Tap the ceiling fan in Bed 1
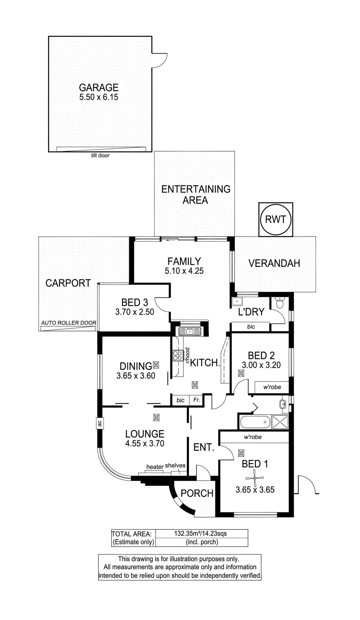[255, 478]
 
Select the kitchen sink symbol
[189, 331]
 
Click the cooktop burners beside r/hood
[178, 355]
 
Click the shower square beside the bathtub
[280, 422]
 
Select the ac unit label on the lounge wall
[99, 423]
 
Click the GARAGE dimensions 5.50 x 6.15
[99, 97]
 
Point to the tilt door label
[100, 155]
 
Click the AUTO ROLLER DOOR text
[69, 323]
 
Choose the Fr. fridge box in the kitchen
[197, 400]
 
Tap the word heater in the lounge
[155, 467]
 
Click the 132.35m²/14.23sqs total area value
[200, 534]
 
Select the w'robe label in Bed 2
[272, 387]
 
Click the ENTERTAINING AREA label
[196, 194]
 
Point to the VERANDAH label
[274, 263]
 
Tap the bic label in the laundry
[251, 326]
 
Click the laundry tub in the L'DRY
[237, 302]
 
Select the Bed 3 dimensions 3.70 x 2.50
[135, 312]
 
